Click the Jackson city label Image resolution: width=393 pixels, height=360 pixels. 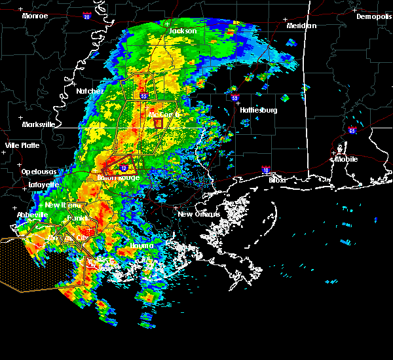183,31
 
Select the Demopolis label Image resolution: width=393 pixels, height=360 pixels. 373,16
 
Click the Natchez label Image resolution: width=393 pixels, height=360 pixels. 89,91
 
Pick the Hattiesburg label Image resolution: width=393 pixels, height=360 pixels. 258,110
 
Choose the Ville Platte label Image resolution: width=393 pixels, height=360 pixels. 22,145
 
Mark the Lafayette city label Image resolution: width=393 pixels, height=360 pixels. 43,185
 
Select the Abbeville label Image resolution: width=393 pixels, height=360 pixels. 32,214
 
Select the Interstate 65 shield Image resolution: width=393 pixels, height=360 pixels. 352,130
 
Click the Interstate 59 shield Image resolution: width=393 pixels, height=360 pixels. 234,98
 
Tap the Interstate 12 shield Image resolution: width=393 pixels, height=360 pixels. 123,168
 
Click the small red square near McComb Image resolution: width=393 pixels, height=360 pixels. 157,122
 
